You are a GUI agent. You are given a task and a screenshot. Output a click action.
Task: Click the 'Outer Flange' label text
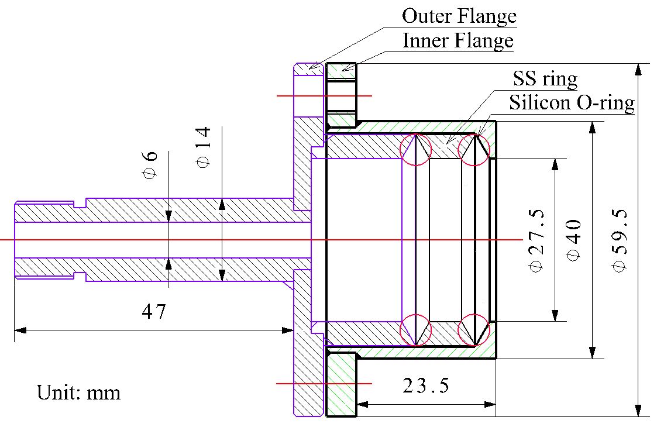tap(459, 16)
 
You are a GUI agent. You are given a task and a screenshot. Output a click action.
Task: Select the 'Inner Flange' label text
tap(458, 40)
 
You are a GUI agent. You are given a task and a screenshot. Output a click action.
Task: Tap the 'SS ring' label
tap(545, 78)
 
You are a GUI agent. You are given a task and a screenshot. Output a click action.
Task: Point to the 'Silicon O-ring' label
tap(572, 103)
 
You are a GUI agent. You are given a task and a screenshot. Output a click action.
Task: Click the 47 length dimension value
tap(154, 311)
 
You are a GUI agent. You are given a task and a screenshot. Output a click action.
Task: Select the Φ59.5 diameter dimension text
tap(620, 240)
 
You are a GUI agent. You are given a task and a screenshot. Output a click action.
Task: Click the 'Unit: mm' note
tap(78, 391)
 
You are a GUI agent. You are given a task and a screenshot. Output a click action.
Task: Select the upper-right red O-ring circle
tap(474, 149)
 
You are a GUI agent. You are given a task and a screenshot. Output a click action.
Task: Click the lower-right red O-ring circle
tap(474, 330)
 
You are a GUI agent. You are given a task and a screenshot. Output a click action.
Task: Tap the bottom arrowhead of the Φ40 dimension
tap(593, 352)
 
